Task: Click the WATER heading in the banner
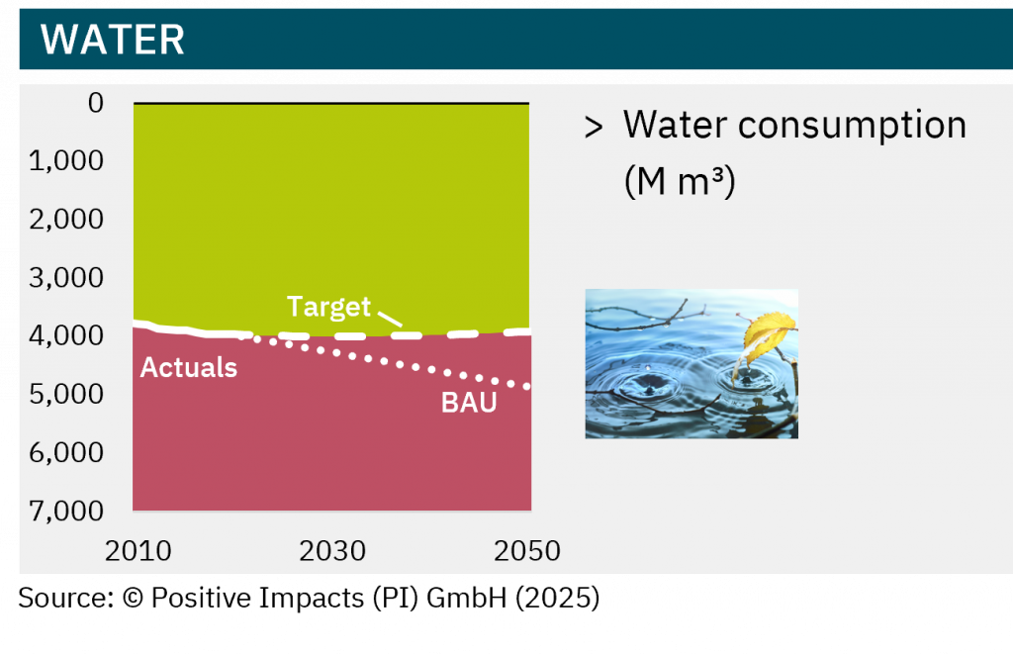point(113,40)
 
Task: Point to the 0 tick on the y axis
point(96,103)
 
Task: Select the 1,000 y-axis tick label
point(66,161)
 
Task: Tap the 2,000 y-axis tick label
point(66,220)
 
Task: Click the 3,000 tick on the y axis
point(66,278)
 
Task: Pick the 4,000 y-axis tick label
point(66,335)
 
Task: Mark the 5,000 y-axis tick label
point(66,394)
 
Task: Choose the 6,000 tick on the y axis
point(66,453)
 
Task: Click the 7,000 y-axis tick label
point(66,511)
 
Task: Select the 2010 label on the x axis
point(138,551)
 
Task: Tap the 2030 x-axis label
point(332,551)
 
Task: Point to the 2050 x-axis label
point(527,551)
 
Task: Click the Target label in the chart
point(328,307)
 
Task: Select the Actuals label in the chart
point(189,367)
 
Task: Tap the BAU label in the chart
point(469,403)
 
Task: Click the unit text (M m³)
point(680,181)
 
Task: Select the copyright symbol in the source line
point(133,598)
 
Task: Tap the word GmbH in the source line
point(467,598)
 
